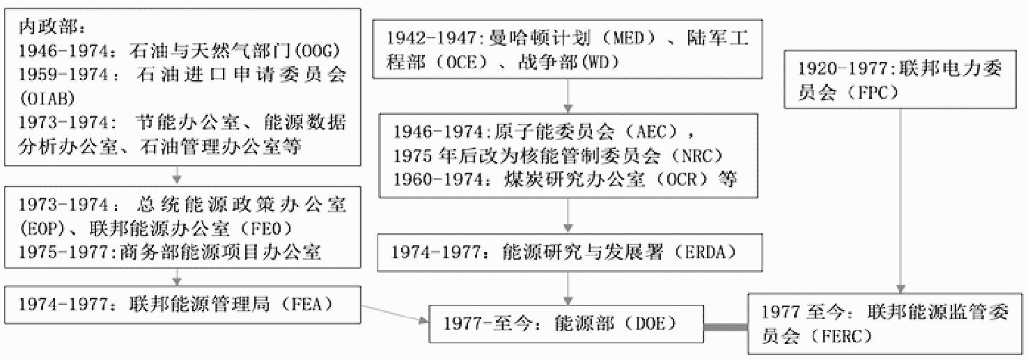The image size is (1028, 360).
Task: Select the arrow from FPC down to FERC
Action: (x=901, y=202)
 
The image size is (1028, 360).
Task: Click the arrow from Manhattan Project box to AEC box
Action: (x=570, y=94)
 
